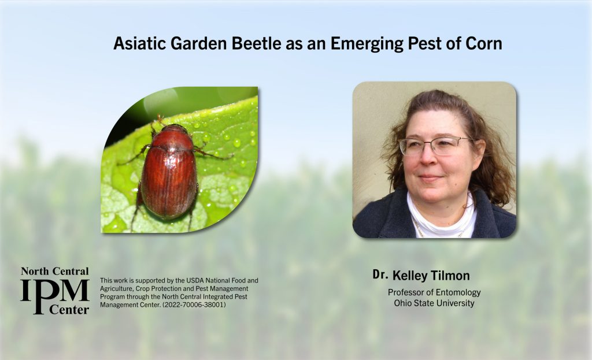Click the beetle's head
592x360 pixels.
tap(174, 128)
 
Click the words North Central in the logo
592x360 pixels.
tap(55, 271)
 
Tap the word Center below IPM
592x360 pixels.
tap(69, 310)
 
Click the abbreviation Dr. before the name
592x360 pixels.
tap(380, 275)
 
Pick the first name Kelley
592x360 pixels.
tap(410, 276)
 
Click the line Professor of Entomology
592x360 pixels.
tap(434, 292)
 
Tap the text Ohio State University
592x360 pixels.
tap(434, 303)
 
